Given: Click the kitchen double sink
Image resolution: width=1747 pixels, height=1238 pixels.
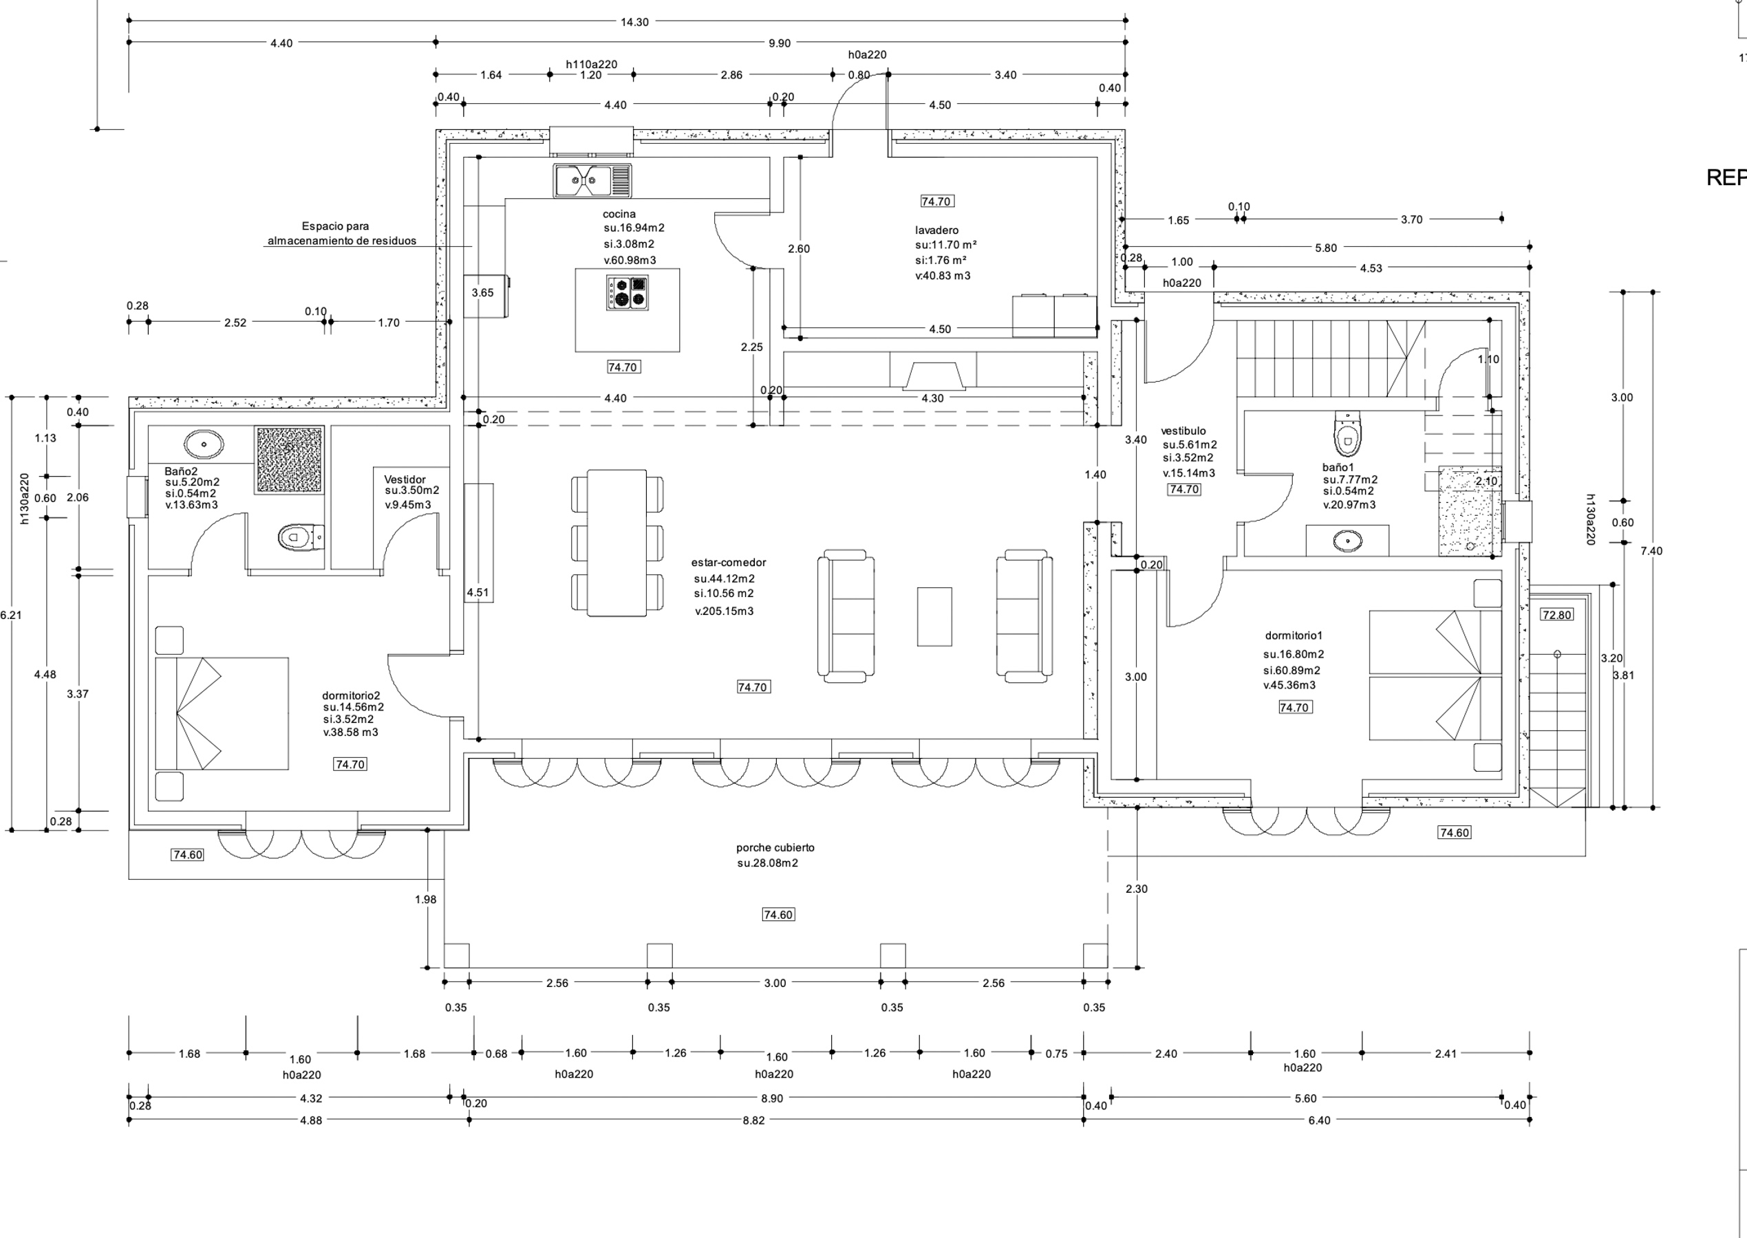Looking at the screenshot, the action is coord(592,181).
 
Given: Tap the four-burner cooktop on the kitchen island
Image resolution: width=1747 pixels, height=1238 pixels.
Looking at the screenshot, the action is coord(627,293).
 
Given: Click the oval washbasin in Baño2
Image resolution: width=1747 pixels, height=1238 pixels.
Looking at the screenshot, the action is coord(204,444).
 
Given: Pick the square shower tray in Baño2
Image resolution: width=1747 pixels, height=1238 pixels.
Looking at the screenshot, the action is coord(289,459).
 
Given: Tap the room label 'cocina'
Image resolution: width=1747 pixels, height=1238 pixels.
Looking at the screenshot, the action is coord(619,214).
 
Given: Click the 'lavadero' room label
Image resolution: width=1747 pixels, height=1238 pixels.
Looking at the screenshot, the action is coord(936,230).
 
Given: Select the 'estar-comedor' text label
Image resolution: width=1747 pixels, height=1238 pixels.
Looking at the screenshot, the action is coord(728,563).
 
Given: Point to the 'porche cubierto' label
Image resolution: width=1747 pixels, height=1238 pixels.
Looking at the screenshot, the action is coord(775,848).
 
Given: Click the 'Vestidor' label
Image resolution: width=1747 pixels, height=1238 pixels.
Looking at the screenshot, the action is coord(405,479).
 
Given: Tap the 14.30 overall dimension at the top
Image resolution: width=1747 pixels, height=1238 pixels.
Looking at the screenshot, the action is coord(634,22).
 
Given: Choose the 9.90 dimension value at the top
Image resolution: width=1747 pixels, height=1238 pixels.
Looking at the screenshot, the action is coord(780,43).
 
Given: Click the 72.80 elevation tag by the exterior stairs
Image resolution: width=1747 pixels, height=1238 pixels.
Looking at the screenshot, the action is coord(1556,614).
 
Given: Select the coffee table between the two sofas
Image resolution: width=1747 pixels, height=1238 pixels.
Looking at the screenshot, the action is coord(934,616).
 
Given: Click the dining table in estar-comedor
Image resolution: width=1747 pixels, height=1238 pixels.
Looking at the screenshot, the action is coord(617,543).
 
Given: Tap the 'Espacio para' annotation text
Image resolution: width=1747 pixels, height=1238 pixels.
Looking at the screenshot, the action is coord(335,226).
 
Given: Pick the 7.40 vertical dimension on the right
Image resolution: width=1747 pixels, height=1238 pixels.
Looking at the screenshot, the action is coord(1651,551).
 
